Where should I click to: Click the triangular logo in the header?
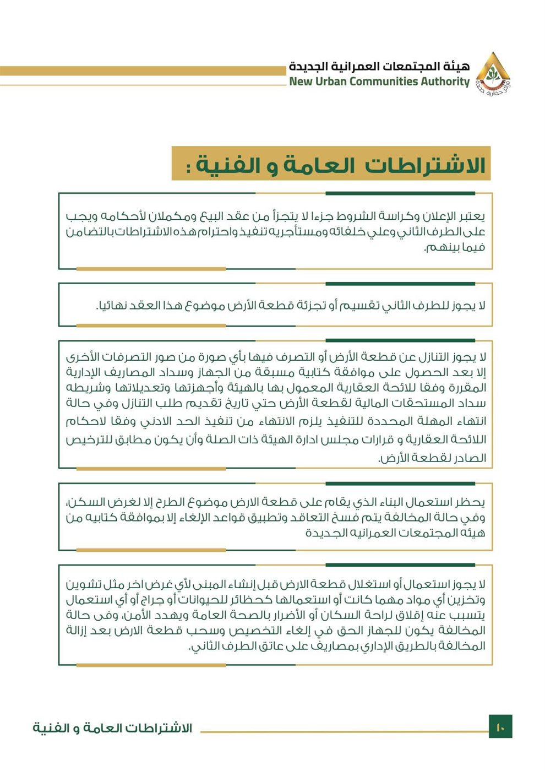pos(493,73)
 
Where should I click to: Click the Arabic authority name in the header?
pos(379,67)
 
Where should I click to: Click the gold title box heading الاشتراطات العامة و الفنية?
pos(331,164)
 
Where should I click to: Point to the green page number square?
pos(500,727)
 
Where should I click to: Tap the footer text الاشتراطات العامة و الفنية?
pos(112,727)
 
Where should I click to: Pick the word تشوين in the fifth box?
pos(83,584)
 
